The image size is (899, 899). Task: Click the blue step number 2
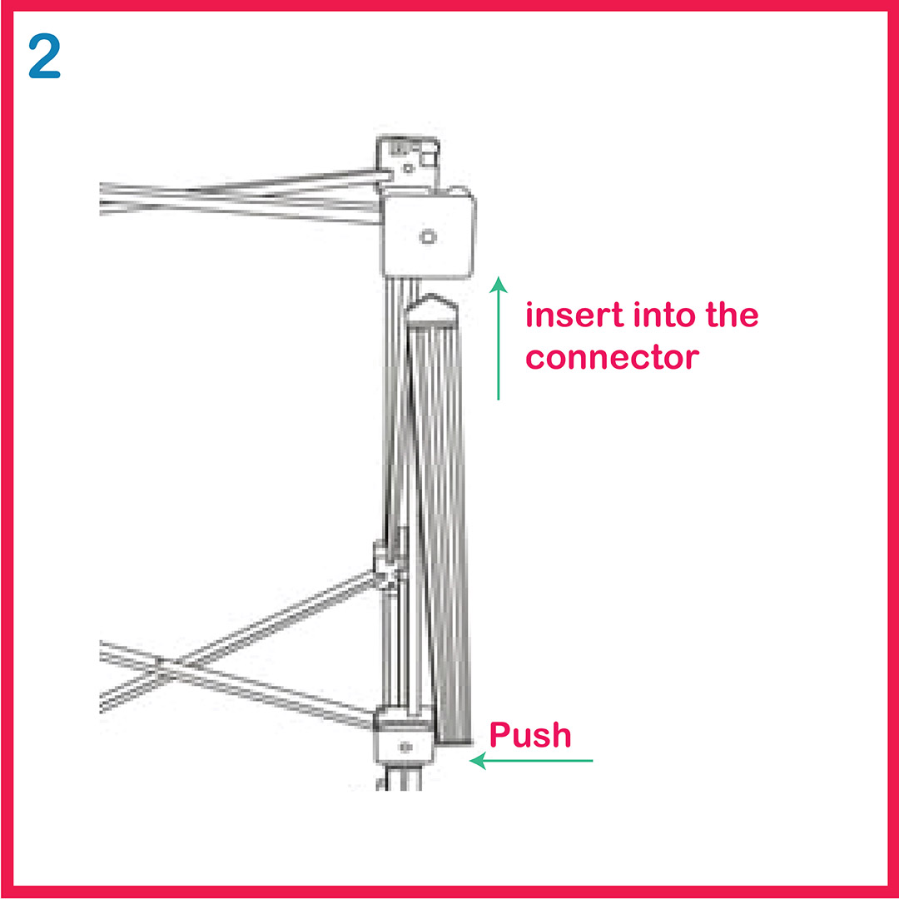pos(45,56)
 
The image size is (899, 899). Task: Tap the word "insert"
pos(574,315)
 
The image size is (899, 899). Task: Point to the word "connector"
pos(613,358)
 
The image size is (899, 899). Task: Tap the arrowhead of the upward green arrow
pos(499,285)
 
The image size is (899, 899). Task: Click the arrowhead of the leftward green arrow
pos(478,761)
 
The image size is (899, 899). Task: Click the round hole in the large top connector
pos(428,236)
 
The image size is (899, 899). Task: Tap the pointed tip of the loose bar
pos(432,297)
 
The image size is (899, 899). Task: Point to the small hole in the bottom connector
pos(405,747)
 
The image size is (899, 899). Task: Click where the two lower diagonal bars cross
pos(162,666)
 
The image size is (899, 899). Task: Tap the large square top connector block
pos(429,234)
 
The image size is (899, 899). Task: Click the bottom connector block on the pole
pos(405,738)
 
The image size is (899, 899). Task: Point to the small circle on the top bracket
pos(408,168)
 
